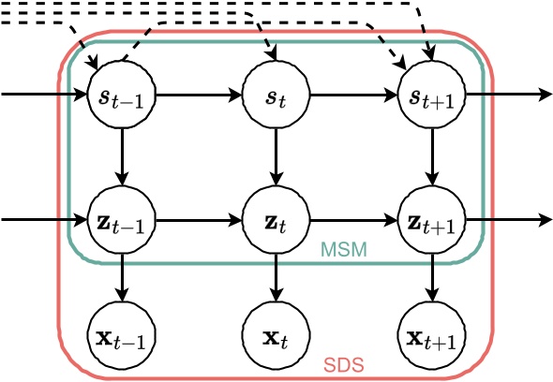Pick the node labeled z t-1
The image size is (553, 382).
120,221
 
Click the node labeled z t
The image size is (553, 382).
276,221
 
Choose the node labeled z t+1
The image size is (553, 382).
430,221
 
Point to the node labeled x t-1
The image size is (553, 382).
120,333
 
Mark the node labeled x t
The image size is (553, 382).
276,333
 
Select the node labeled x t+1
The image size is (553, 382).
430,333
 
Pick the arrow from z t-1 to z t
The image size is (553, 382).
197,221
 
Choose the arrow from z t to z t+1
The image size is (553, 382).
352,221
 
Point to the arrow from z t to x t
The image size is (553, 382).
276,277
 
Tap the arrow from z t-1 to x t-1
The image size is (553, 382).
120,277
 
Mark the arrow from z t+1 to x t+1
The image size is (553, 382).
430,277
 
